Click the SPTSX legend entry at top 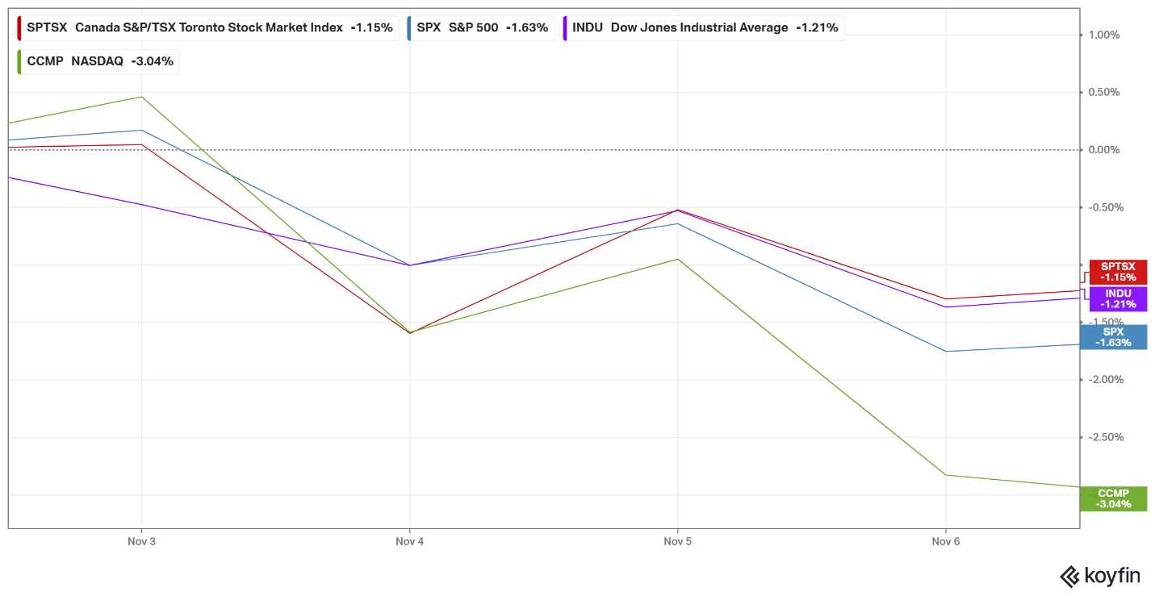coord(207,27)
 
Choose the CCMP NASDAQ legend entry coord(98,60)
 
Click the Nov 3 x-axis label coord(141,542)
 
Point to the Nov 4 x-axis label coord(409,542)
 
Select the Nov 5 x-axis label coord(677,542)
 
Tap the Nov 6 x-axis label coord(945,542)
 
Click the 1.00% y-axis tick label coord(1103,35)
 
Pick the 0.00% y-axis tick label coord(1103,150)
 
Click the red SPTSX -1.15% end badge coord(1118,272)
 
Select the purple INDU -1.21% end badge coord(1118,299)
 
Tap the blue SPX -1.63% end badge coord(1113,337)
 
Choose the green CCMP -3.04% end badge coord(1113,498)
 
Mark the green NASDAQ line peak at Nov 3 coord(142,97)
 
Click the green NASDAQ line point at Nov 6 coord(945,475)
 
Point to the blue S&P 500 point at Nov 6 coord(945,352)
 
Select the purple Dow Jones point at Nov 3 coord(142,204)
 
